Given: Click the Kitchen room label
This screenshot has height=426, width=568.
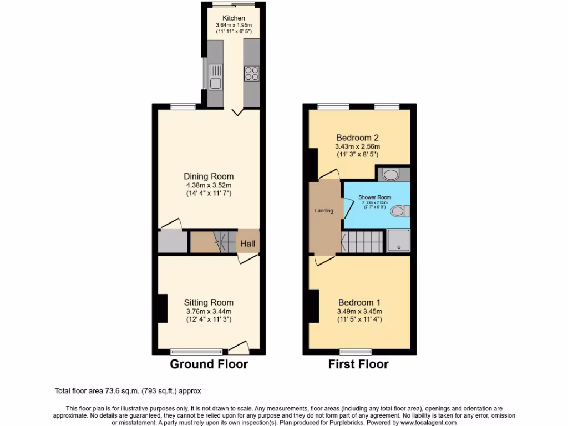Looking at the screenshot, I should click(234, 18).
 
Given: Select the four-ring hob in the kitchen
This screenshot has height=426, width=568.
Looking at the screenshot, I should click(251, 74).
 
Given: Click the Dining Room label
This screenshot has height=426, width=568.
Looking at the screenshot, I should click(209, 177).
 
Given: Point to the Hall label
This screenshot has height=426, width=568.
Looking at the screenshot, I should click(247, 244).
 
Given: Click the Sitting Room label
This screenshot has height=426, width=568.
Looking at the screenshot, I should click(209, 303).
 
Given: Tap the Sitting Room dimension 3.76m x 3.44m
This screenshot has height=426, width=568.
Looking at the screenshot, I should click(209, 311).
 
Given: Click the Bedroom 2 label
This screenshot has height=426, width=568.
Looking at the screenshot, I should click(358, 138).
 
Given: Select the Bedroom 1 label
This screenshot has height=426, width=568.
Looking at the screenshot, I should click(359, 303).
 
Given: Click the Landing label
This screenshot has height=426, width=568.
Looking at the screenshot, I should click(324, 211).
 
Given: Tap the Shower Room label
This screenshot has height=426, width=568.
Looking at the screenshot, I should click(374, 197).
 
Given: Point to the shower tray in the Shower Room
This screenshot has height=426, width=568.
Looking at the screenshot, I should click(398, 240).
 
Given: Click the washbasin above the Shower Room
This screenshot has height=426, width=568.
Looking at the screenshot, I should click(392, 174).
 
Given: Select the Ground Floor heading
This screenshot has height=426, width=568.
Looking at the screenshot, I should click(209, 364).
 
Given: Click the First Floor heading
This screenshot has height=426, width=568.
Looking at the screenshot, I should click(358, 364).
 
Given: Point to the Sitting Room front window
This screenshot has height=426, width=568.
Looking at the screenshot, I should click(196, 351).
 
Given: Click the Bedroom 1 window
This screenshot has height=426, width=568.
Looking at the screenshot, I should click(356, 351).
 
